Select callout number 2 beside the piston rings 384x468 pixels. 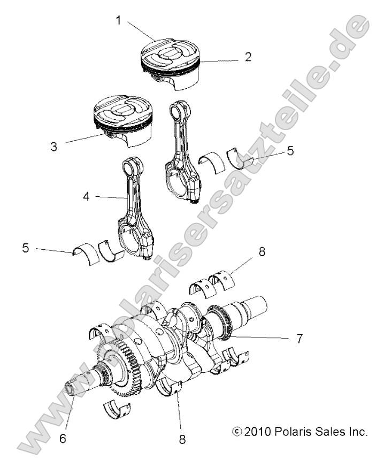[248, 57]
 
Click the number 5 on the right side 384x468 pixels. [290, 151]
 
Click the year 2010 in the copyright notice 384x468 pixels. [258, 431]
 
